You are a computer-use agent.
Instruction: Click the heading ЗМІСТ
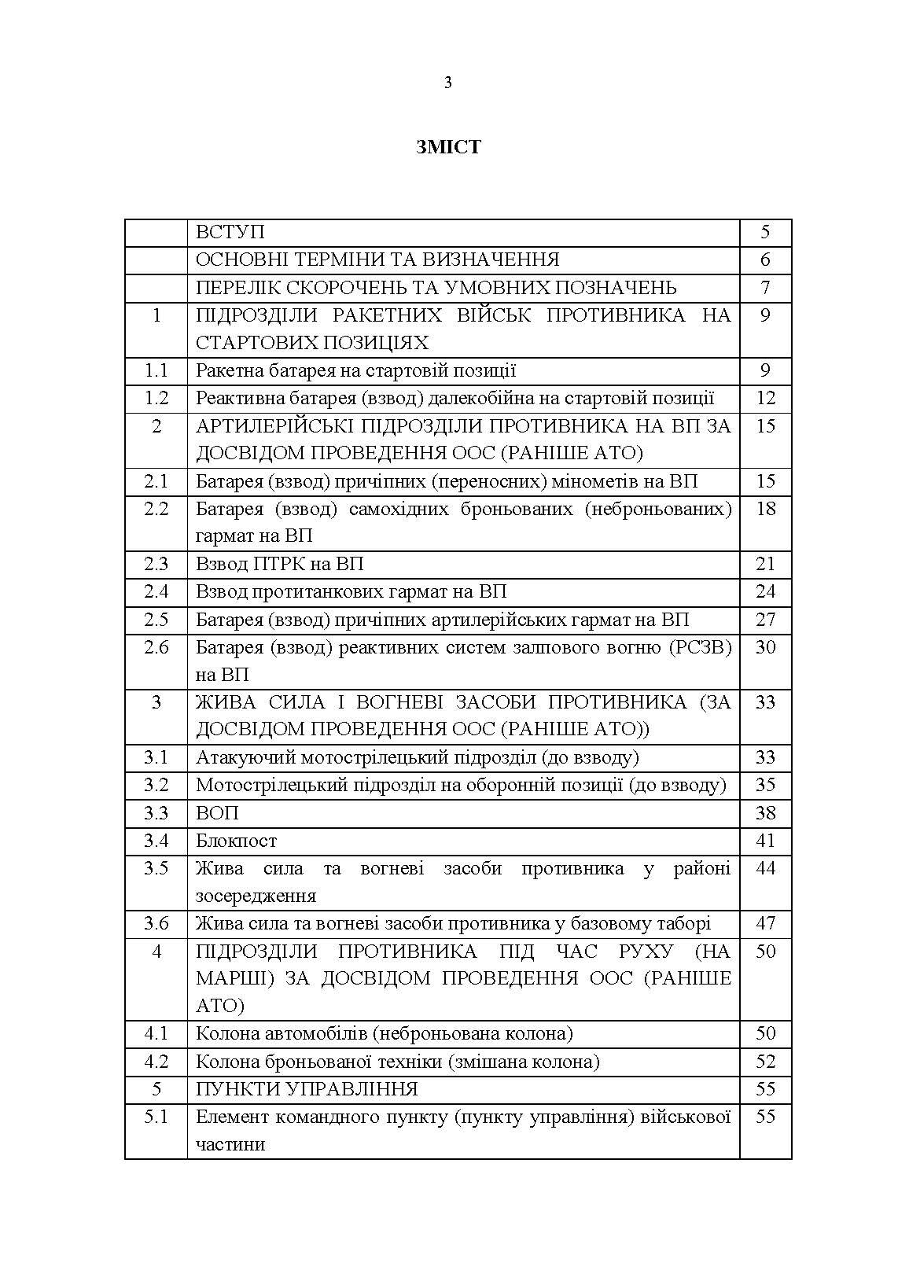(x=448, y=147)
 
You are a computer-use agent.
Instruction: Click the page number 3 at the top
(x=448, y=83)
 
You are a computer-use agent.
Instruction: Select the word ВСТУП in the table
(x=230, y=233)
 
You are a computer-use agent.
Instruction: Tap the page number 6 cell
(x=765, y=260)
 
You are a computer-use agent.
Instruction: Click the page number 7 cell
(x=765, y=288)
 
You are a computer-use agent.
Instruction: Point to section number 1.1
(x=156, y=370)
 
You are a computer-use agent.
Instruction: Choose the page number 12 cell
(x=765, y=398)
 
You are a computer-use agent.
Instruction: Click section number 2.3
(x=156, y=564)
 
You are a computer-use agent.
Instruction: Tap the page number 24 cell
(x=765, y=591)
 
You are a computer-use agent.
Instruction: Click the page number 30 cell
(x=765, y=647)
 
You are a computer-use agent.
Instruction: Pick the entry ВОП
(x=217, y=813)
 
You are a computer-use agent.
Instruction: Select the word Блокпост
(x=236, y=841)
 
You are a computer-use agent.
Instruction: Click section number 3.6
(x=156, y=924)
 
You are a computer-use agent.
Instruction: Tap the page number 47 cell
(x=765, y=924)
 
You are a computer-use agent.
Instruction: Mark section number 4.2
(x=156, y=1062)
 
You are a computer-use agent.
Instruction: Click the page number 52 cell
(x=765, y=1062)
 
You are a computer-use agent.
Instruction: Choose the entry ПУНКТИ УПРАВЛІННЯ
(x=307, y=1089)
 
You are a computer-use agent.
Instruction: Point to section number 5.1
(x=156, y=1117)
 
